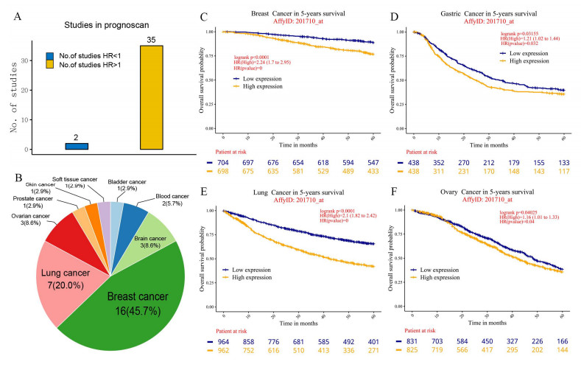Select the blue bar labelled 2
[x=77, y=146]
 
